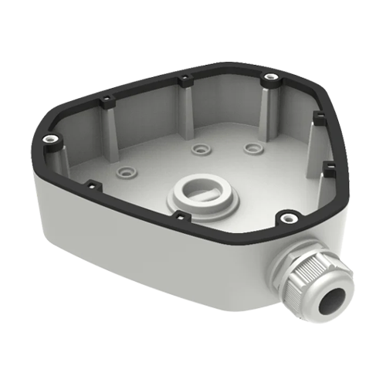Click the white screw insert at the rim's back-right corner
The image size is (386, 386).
point(268,77)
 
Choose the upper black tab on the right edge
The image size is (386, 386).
point(317,117)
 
